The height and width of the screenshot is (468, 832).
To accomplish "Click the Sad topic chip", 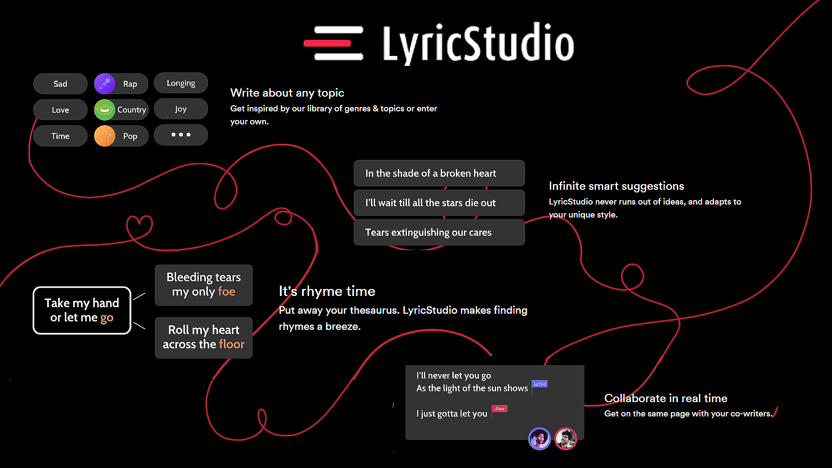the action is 60,84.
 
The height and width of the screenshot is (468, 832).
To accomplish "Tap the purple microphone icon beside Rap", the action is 104,84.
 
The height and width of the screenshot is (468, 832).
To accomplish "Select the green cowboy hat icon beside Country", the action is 104,110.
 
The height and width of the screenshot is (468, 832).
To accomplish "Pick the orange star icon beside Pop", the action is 104,136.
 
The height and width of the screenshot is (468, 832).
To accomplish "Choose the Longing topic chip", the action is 181,83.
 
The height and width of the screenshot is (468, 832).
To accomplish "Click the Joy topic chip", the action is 181,109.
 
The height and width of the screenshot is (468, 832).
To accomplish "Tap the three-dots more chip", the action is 181,135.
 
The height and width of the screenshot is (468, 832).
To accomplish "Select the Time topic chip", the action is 60,136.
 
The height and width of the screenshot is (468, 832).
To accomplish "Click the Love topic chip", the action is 60,110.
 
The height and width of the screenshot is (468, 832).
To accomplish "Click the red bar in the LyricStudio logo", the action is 327,43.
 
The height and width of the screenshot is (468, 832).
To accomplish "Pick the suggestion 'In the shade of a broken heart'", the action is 439,173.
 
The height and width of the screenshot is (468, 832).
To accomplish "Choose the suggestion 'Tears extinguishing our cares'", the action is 439,232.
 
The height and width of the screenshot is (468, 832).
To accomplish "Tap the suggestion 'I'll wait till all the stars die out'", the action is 439,203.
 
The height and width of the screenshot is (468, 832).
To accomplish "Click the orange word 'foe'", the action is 227,292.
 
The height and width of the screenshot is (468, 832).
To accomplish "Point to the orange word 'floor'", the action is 232,344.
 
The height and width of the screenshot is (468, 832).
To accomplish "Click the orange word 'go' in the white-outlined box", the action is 107,318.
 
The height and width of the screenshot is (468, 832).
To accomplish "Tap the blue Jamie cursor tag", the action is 539,384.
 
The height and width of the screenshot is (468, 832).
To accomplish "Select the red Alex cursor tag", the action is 500,409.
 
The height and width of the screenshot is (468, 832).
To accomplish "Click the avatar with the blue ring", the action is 539,439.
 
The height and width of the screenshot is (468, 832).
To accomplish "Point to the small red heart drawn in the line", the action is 139,226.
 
